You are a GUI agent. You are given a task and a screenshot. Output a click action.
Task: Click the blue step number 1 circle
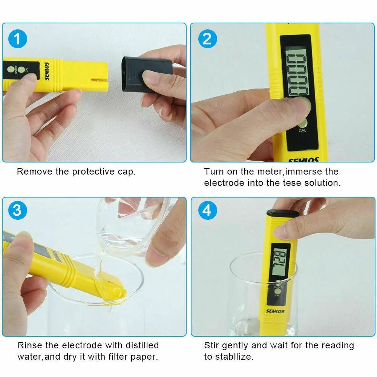pyautogui.click(x=17, y=39)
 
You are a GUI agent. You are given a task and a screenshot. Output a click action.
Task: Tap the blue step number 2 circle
pyautogui.click(x=207, y=39)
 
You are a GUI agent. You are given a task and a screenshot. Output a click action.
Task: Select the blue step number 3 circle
pyautogui.click(x=17, y=210)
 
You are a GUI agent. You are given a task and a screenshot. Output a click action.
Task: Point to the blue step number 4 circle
pyautogui.click(x=207, y=210)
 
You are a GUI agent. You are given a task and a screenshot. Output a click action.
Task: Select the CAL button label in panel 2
pyautogui.click(x=302, y=130)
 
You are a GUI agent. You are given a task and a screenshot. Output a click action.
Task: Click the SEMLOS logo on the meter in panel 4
pyautogui.click(x=275, y=311)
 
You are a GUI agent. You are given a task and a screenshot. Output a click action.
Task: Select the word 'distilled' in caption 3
pyautogui.click(x=142, y=345)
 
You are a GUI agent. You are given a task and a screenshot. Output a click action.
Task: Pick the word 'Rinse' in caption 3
pyautogui.click(x=28, y=345)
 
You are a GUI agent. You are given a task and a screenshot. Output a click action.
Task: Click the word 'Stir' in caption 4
pyautogui.click(x=211, y=345)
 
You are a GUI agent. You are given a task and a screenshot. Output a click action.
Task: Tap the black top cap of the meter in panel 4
pyautogui.click(x=283, y=214)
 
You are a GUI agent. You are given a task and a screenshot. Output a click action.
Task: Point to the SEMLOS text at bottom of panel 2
pyautogui.click(x=304, y=160)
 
